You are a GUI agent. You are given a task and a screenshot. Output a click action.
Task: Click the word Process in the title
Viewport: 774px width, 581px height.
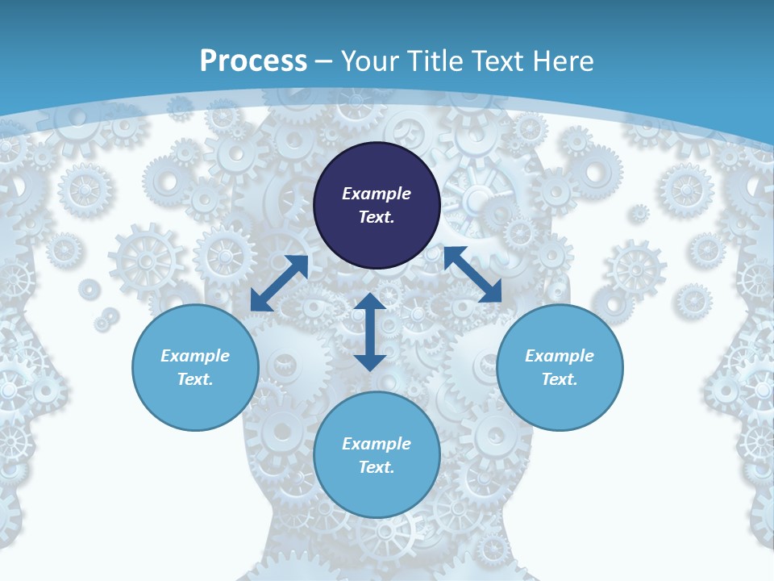click(253, 61)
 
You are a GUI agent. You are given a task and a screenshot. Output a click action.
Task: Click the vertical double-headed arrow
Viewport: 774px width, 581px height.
click(370, 332)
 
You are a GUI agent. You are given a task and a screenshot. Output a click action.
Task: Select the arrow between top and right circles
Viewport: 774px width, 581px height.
click(472, 274)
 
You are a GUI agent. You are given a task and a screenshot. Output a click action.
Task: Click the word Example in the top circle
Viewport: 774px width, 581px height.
click(377, 194)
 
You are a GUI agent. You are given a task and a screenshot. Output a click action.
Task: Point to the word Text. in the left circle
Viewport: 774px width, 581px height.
click(195, 379)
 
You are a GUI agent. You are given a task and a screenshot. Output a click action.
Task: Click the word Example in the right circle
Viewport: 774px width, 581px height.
click(560, 356)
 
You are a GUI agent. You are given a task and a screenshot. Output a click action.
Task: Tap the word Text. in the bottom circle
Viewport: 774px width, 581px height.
click(377, 467)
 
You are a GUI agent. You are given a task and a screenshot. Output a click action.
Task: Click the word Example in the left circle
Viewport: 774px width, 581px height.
click(195, 356)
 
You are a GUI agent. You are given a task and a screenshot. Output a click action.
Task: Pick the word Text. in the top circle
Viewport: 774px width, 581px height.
click(377, 217)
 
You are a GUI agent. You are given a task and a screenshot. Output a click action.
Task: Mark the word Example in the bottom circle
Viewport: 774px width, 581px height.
click(377, 444)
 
